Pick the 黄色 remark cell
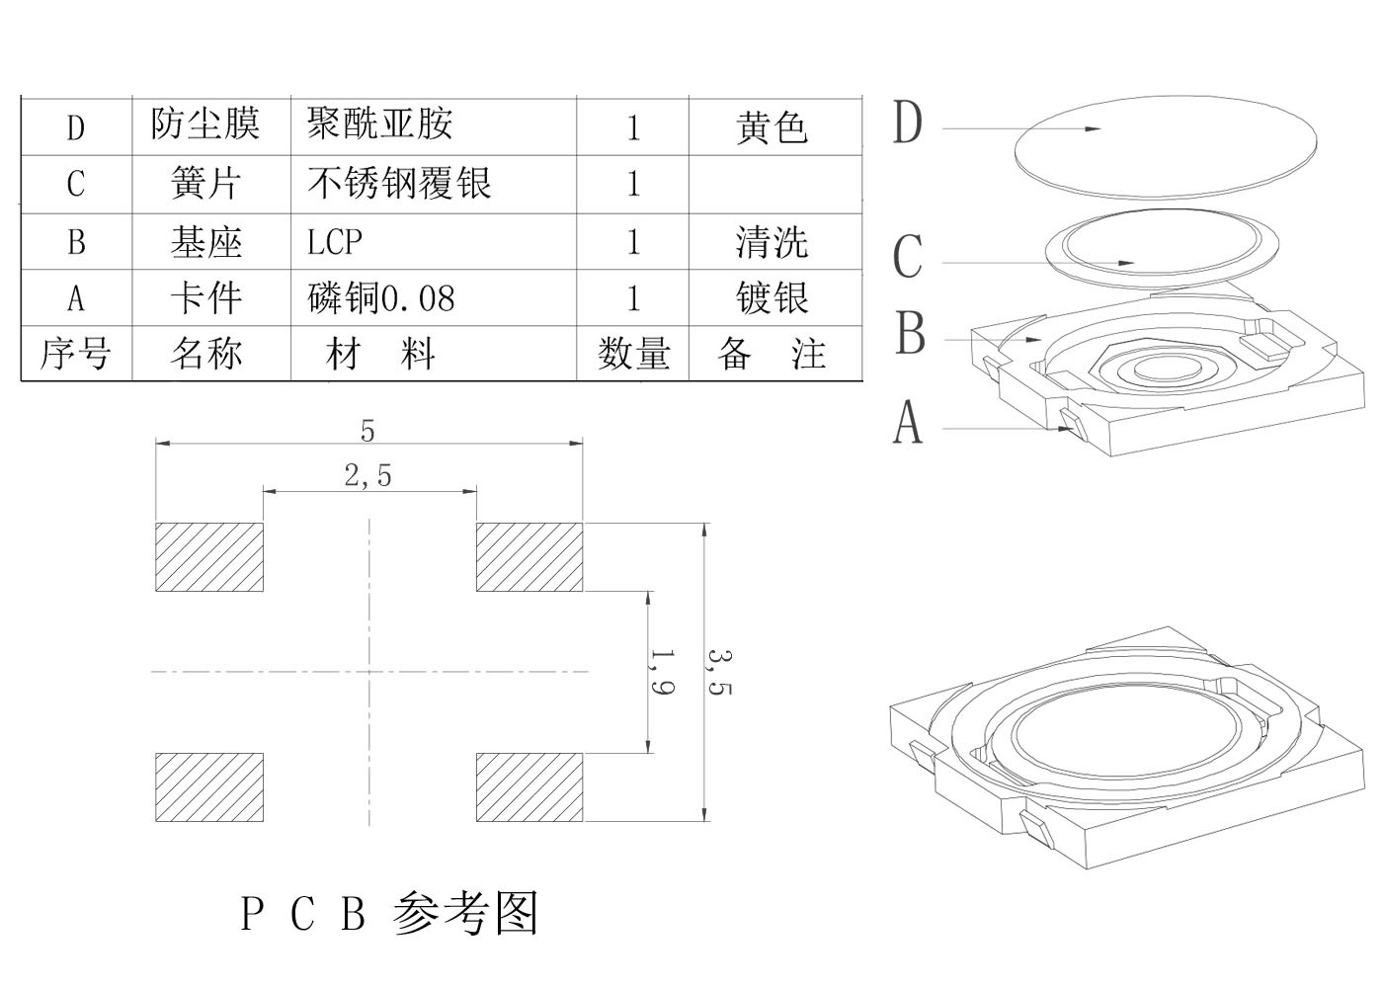[773, 126]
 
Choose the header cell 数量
[633, 354]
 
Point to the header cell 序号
[75, 354]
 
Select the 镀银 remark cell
[773, 298]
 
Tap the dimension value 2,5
[368, 476]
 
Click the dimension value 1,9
[663, 672]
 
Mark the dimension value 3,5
[720, 672]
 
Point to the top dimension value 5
[367, 431]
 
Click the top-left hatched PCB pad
[209, 557]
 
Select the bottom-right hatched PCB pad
[529, 787]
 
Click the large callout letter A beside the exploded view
[908, 423]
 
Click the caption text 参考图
[465, 913]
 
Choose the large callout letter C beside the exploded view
[908, 257]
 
